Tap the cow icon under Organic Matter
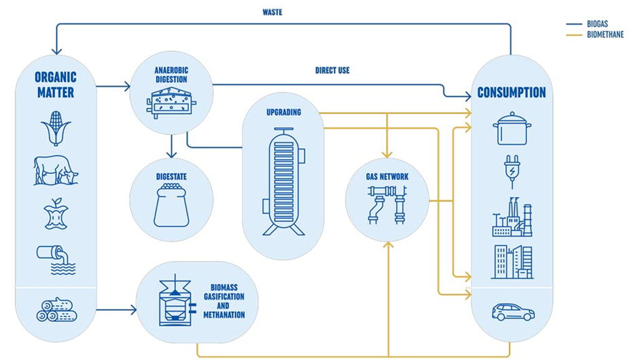pyautogui.click(x=56, y=170)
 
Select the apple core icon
pyautogui.click(x=55, y=214)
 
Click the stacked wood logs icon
pyautogui.click(x=56, y=311)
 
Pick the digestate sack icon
pyautogui.click(x=171, y=206)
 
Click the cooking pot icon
pyautogui.click(x=512, y=128)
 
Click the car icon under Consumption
pyautogui.click(x=513, y=312)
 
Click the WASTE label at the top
pyautogui.click(x=272, y=12)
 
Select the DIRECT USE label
pyautogui.click(x=332, y=70)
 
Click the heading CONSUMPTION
pyautogui.click(x=511, y=92)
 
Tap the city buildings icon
pyautogui.click(x=512, y=262)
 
